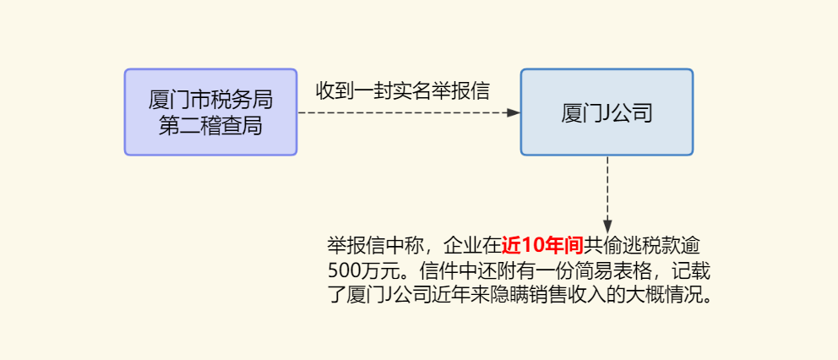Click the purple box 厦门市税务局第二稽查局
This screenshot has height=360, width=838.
pyautogui.click(x=210, y=112)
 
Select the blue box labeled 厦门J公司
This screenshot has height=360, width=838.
pyautogui.click(x=607, y=112)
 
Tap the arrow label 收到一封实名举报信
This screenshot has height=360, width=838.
pyautogui.click(x=403, y=90)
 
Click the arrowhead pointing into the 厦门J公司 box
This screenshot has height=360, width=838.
pyautogui.click(x=513, y=112)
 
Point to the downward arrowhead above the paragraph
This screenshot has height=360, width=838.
pyautogui.click(x=607, y=227)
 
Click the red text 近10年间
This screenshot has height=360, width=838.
pyautogui.click(x=542, y=246)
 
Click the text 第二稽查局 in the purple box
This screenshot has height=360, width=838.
pyautogui.click(x=210, y=126)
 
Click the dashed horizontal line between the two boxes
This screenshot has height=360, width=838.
pyautogui.click(x=405, y=112)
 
